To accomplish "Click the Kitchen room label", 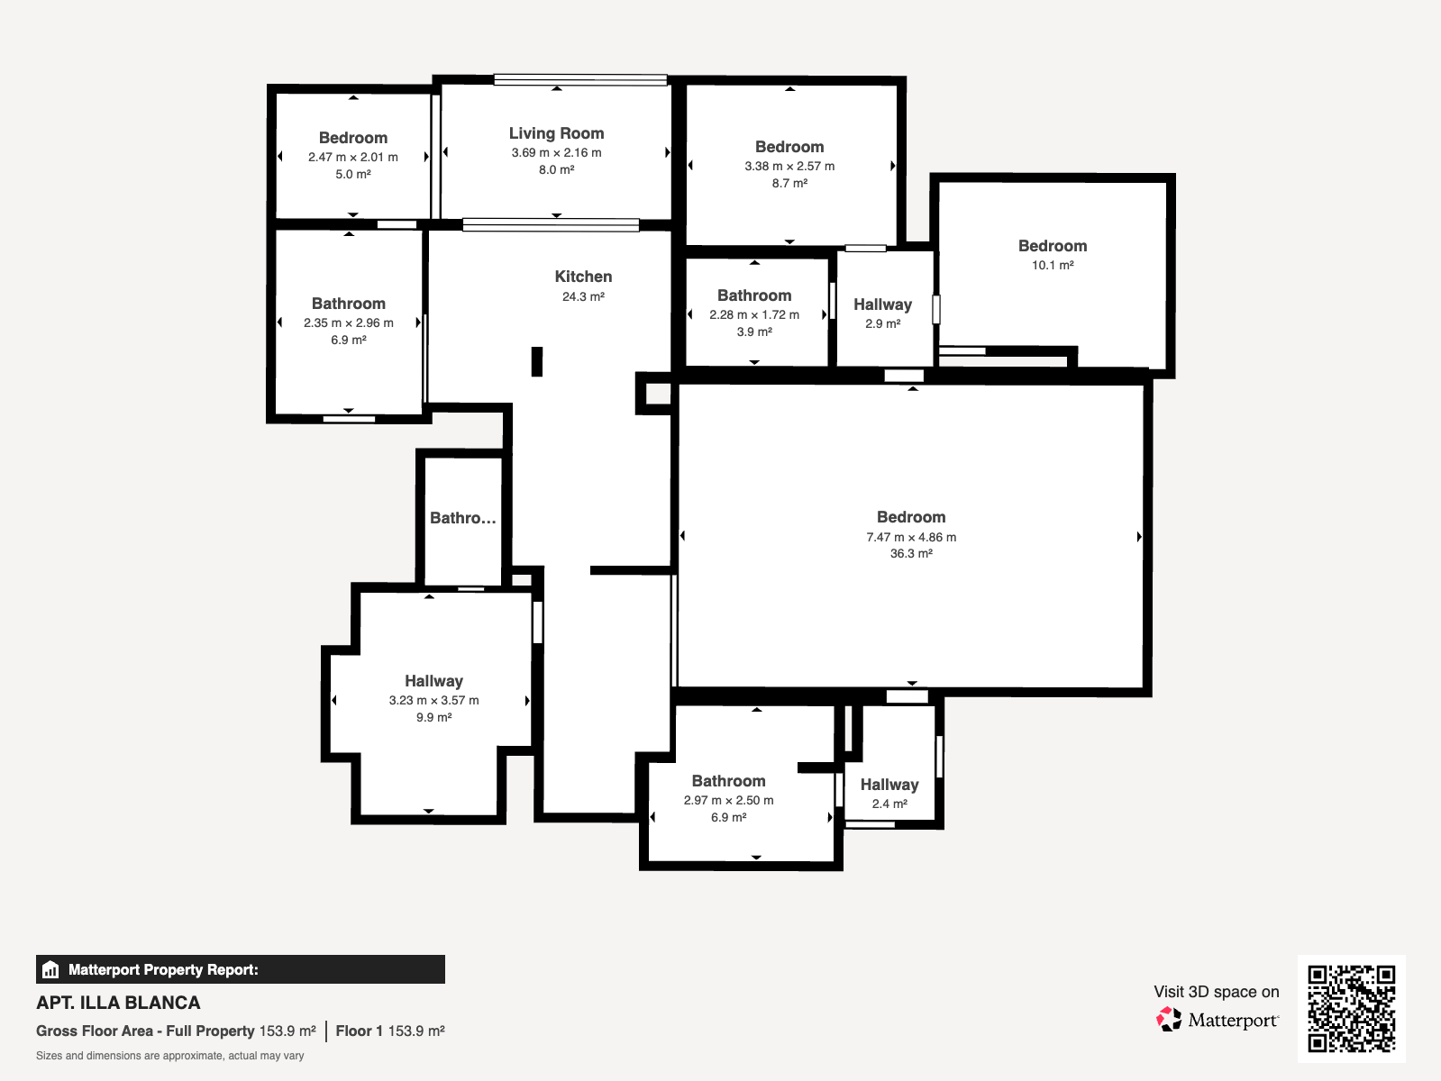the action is point(583,277).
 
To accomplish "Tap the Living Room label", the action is point(557,133).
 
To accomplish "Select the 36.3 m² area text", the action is point(911,554).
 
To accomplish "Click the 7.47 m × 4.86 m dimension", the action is point(911,537).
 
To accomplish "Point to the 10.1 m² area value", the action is point(1053,265).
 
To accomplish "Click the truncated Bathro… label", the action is point(463,518).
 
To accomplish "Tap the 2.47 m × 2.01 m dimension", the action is point(353,157).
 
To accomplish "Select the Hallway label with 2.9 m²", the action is point(883,304).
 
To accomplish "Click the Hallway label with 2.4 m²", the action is point(889,785).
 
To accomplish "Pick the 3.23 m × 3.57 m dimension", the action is point(434,701).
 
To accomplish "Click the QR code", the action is point(1352,1009).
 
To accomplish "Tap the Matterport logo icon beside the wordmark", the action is point(1169,1020).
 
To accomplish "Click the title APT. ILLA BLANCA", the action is point(118,1003).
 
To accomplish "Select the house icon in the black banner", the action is point(50,969).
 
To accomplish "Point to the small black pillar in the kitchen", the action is point(537,361).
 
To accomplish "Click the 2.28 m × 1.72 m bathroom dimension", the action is point(754,315).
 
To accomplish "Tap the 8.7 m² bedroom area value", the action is point(789,183).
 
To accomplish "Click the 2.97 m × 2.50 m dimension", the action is point(729,800).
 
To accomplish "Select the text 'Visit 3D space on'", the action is point(1217,992).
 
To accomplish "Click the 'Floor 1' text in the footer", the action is point(359,1031).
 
